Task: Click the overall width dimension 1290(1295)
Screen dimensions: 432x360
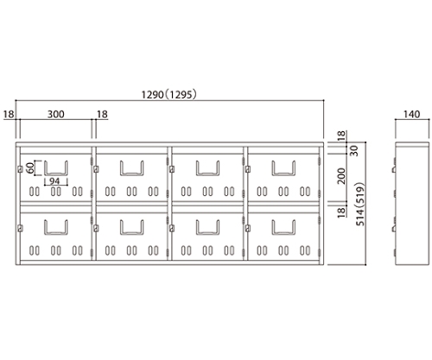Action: point(169,94)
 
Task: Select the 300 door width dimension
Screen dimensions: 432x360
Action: point(55,114)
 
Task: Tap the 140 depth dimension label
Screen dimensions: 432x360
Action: point(411,114)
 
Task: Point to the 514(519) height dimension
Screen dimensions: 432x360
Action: point(360,204)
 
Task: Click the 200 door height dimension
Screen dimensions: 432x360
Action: point(341,176)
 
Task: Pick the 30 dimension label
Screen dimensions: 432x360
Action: point(355,151)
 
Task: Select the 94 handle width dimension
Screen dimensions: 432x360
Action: point(54,181)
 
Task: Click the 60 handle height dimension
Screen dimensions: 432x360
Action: point(30,167)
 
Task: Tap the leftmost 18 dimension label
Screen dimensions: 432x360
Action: point(9,114)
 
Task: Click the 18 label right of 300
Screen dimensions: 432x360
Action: point(102,114)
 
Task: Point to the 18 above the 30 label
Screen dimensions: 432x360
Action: point(340,136)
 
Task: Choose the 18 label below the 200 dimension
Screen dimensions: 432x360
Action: point(341,212)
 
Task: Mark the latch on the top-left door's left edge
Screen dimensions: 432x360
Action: point(20,169)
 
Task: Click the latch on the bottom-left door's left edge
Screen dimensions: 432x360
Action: point(20,229)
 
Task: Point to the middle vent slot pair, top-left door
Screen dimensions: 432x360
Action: point(56,192)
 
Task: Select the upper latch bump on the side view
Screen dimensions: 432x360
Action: point(394,169)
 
